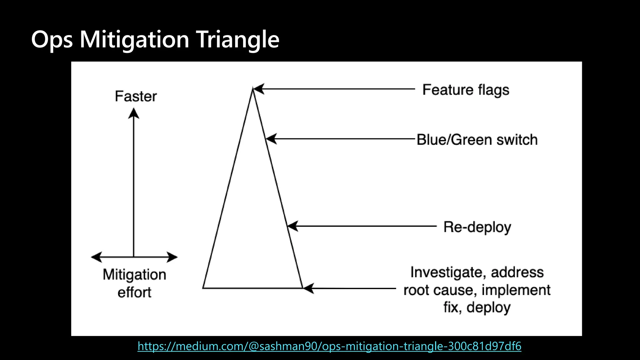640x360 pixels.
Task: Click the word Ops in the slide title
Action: [52, 40]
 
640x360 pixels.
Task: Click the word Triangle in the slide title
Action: [238, 40]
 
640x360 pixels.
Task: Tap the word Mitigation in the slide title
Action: [134, 40]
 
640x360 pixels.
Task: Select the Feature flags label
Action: [466, 90]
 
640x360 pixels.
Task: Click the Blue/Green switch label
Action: [477, 139]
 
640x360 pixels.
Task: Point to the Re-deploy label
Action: [477, 227]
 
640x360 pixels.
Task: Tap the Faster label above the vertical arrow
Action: [136, 96]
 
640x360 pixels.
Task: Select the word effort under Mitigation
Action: [134, 292]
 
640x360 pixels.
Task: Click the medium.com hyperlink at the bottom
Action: [329, 346]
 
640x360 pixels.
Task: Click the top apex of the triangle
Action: [253, 89]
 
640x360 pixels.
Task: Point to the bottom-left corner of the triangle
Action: [203, 288]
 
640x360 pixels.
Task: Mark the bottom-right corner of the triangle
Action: [302, 288]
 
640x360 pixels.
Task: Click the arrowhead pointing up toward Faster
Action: [134, 113]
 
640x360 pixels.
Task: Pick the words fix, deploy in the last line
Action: [477, 307]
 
